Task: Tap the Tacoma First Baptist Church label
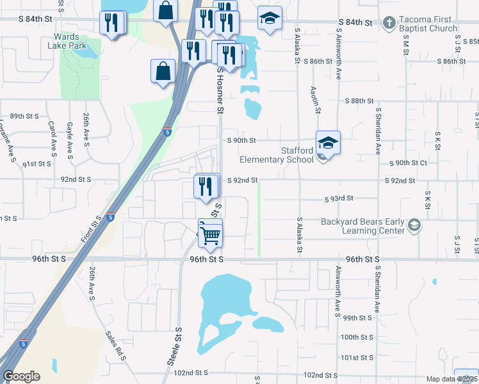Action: [427, 24]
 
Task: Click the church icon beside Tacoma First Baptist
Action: [388, 24]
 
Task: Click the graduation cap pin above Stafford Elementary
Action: [328, 143]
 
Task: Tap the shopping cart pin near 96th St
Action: [210, 234]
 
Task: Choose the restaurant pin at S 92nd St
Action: [206, 186]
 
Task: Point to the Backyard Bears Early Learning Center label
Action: [363, 226]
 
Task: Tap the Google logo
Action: [21, 376]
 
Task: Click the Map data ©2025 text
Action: [451, 379]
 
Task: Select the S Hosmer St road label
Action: [220, 91]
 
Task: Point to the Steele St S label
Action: [175, 346]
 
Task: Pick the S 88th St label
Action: [359, 101]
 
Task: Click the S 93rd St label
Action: [339, 200]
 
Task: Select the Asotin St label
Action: [315, 100]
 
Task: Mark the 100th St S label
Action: [357, 337]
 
